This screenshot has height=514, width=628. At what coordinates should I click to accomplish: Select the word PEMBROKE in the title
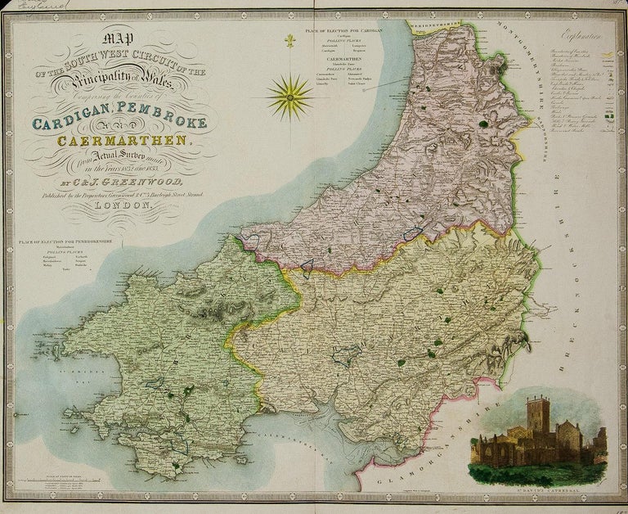coord(164,123)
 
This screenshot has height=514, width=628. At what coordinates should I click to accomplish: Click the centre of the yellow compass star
coord(290,96)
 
